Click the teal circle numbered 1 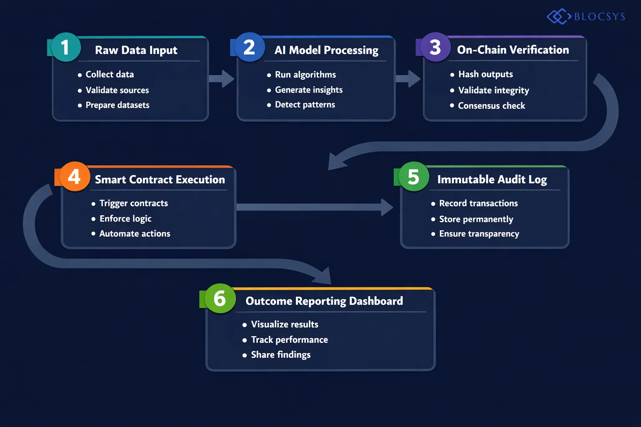(66, 47)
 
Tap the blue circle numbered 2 (249, 47)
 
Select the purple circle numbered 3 (435, 47)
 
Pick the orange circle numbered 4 (74, 176)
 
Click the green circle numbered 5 (414, 176)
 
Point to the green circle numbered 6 (220, 299)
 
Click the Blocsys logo (586, 17)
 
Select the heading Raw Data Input (136, 50)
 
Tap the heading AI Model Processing (326, 50)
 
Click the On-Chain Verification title (513, 50)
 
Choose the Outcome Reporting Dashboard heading (324, 301)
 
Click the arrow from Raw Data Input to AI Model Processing (222, 79)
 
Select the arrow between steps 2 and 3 (408, 79)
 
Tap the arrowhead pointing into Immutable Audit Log (387, 207)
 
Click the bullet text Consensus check (491, 106)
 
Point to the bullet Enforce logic (125, 219)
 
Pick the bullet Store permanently (476, 219)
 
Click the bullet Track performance (289, 340)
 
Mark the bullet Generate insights (308, 90)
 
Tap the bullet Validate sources (117, 90)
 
